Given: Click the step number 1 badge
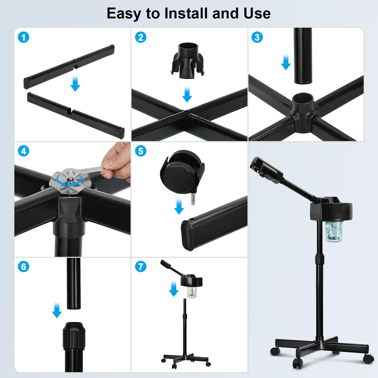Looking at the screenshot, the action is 24,38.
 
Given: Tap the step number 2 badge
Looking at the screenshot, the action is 141,38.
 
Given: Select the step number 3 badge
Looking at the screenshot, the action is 257,37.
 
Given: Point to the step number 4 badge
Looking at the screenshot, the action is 24,151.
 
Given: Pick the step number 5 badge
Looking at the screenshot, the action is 141,151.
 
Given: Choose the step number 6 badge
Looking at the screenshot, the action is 24,267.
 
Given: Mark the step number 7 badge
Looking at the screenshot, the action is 141,267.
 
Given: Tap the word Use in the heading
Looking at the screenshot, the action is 257,13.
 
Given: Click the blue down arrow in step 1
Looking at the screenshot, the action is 75,84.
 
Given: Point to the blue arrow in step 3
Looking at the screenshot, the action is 286,63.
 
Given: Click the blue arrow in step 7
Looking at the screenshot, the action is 174,289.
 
